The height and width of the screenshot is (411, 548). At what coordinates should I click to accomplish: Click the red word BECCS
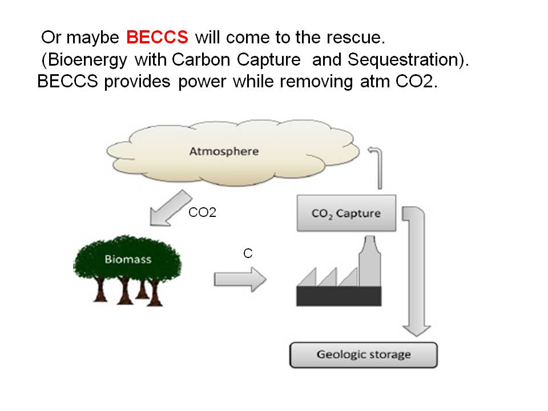pos(157,38)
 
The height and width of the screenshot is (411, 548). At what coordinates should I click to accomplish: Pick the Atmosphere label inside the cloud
pos(224,151)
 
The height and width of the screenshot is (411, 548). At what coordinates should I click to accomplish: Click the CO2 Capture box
pos(346,214)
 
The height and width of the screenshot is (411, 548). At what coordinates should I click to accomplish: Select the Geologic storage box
pos(363,354)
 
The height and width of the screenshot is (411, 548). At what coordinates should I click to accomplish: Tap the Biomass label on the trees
pos(128,259)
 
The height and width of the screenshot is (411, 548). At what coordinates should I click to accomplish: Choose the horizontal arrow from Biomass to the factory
pos(240,279)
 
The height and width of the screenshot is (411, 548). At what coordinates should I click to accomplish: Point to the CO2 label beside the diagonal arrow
pos(202,214)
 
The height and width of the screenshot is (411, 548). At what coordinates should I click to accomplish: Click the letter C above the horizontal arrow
pos(248,253)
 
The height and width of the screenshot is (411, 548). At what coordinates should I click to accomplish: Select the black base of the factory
pos(339,296)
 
